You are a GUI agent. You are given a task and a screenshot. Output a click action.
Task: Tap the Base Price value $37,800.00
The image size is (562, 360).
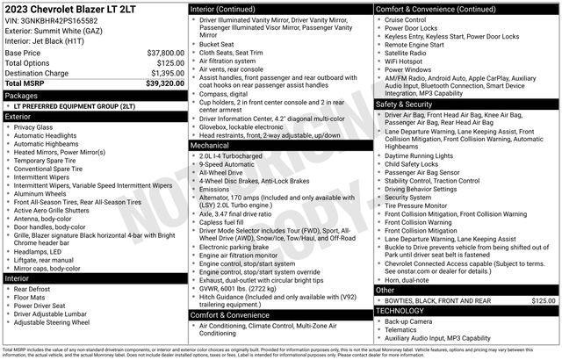pos(165,53)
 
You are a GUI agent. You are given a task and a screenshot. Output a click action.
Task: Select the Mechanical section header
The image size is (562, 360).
pos(212,146)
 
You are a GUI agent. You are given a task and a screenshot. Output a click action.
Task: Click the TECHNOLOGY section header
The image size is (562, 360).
pos(406,311)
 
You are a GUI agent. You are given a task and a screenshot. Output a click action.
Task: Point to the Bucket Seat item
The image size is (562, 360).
pos(218,43)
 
